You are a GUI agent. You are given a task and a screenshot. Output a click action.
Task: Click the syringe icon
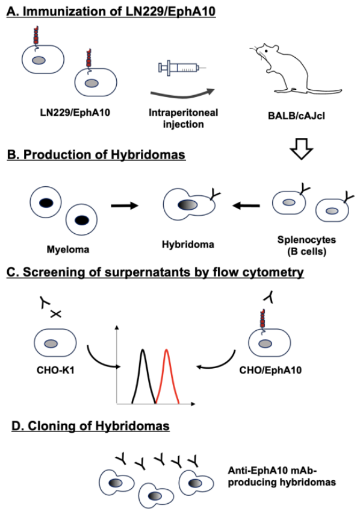coord(182,68)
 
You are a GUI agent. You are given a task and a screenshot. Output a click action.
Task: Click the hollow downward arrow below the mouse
coord(302,149)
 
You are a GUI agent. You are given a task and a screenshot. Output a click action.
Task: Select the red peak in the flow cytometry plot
coord(167,376)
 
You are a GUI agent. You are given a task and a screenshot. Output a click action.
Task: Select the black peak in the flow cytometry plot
coord(143,376)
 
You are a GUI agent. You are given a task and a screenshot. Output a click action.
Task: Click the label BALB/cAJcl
coord(296,116)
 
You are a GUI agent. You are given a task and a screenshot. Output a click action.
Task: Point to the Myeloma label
coord(68,249)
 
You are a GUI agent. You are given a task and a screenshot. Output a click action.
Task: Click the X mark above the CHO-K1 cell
coord(56,314)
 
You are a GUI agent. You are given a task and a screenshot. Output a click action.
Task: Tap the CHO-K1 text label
coord(55,371)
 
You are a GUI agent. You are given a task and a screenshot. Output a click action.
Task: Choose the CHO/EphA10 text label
coord(270,371)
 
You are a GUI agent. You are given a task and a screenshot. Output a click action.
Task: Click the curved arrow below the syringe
coord(182,95)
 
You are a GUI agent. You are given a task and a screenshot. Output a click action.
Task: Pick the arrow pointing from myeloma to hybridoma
coord(125,206)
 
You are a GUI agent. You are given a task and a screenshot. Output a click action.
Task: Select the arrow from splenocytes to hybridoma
coord(246,206)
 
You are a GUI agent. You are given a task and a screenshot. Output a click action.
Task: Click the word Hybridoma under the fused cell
coord(188,245)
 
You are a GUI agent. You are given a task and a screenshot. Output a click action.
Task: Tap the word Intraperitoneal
coord(184,113)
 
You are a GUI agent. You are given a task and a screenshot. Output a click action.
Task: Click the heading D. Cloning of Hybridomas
coord(90,426)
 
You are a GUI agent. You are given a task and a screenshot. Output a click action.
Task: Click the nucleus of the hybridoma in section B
coord(188,205)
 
